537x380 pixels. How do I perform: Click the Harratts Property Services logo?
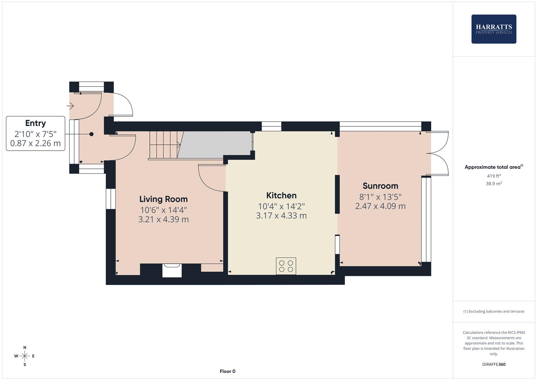click(x=493, y=29)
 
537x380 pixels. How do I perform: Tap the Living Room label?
click(x=164, y=199)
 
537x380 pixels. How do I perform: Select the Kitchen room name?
click(x=281, y=196)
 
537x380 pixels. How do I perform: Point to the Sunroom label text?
click(x=380, y=186)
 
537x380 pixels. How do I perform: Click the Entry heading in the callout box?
click(x=36, y=123)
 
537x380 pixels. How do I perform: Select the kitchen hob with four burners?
click(x=286, y=266)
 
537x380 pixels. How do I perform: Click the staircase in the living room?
click(x=165, y=145)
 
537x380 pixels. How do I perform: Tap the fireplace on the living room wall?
click(x=172, y=270)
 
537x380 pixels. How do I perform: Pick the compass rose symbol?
click(x=25, y=356)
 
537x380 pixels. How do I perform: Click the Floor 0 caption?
click(x=228, y=371)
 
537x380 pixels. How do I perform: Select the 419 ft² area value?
click(x=494, y=176)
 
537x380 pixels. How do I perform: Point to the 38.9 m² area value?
click(x=494, y=184)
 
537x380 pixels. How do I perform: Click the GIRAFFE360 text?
click(x=494, y=365)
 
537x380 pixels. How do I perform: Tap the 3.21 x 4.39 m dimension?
click(x=164, y=220)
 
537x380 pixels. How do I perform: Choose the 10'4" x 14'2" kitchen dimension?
click(x=281, y=207)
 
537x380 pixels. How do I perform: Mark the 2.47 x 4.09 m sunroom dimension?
click(x=380, y=206)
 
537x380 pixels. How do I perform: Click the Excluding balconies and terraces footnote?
click(x=494, y=311)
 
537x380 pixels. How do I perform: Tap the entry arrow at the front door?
click(x=70, y=105)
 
